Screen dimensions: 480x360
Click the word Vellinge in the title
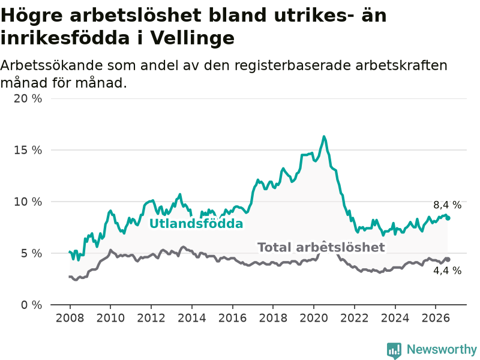(192, 38)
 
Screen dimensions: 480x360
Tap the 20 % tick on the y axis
(28, 98)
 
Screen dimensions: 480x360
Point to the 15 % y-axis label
(28, 150)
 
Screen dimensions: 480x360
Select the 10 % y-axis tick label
(28, 202)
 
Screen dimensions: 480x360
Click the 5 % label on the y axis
(32, 253)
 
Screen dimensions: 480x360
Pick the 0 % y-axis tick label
(32, 305)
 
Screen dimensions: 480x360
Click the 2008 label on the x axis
(70, 318)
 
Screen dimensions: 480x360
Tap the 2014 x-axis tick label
(192, 318)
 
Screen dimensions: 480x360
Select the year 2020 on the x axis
(314, 318)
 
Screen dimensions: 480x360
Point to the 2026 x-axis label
(436, 318)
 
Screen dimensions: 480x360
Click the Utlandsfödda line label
(196, 224)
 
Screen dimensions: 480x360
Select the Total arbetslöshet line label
(321, 247)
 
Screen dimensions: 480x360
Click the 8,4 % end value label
(447, 205)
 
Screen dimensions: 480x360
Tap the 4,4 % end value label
(447, 271)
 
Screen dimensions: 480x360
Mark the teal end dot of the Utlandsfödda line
(448, 218)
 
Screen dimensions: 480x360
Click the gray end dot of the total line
(448, 259)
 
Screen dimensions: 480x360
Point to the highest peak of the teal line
(324, 137)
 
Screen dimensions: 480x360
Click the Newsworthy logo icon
(394, 350)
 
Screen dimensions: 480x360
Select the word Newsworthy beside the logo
(442, 349)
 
